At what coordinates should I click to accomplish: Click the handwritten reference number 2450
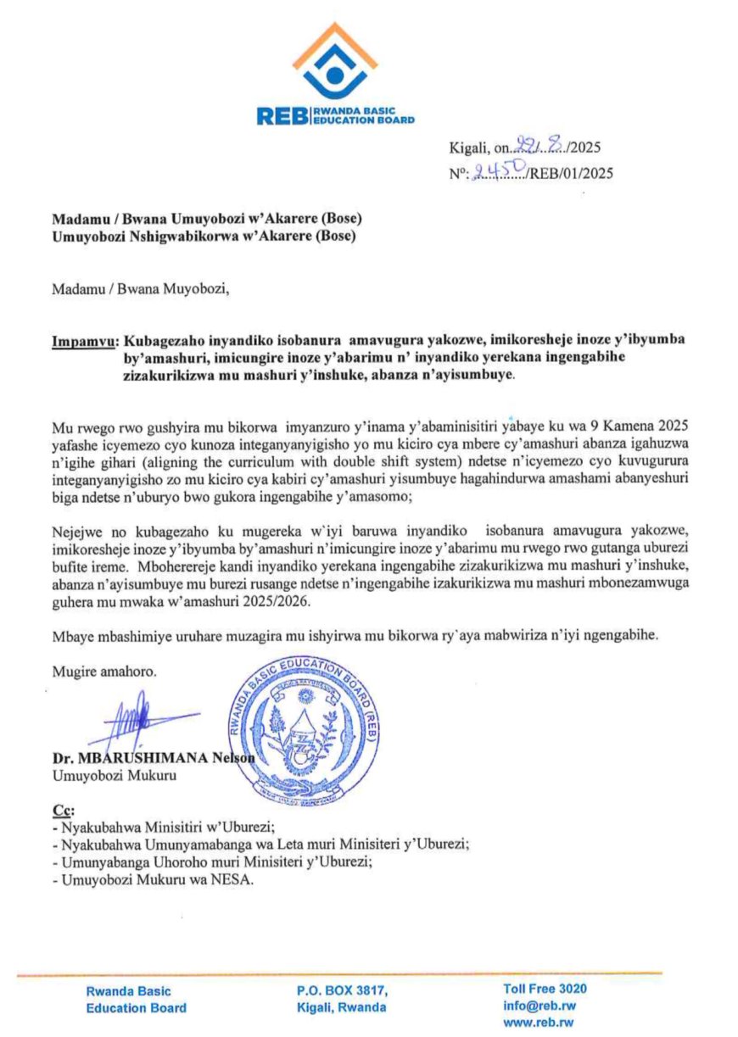coord(501,172)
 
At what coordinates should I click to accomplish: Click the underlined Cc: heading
coord(64,810)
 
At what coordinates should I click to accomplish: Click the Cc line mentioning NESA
coord(153,879)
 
